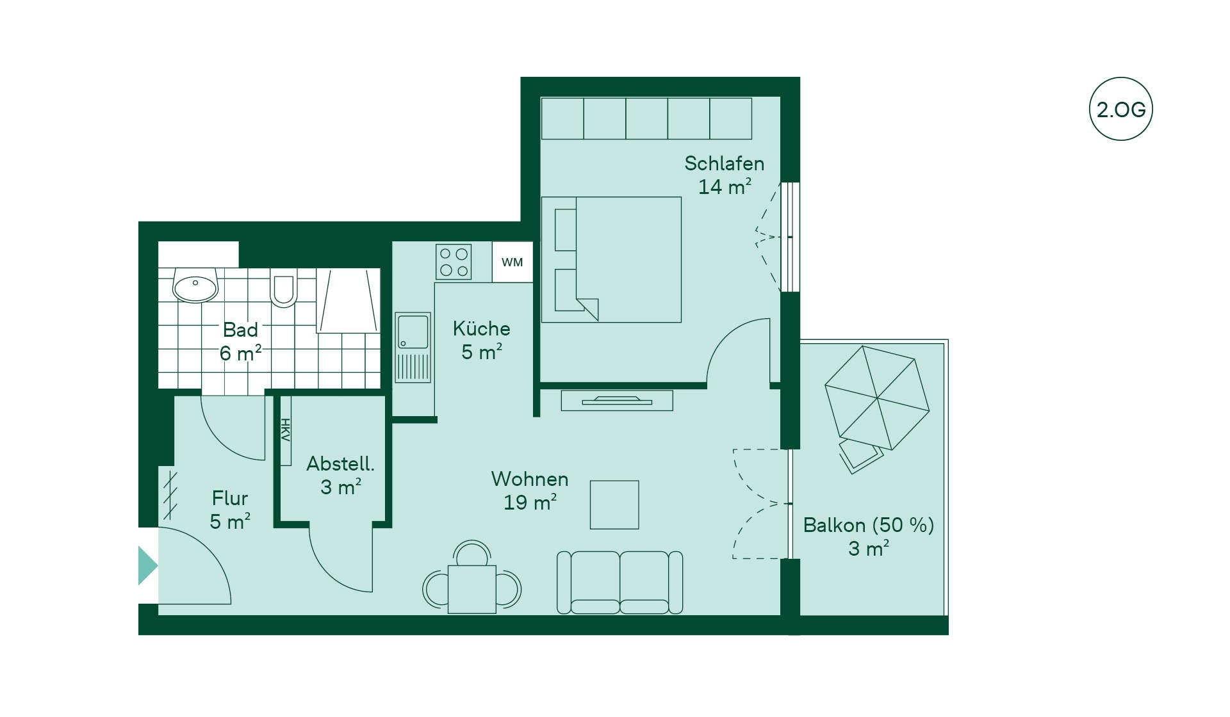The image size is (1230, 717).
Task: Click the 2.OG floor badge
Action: click(1120, 109)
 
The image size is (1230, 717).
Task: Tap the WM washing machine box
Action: click(512, 262)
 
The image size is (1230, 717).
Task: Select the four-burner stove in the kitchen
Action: click(454, 262)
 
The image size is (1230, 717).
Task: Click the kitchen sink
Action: click(413, 348)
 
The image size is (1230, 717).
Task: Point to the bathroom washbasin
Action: click(195, 286)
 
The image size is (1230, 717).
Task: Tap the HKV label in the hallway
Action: click(285, 430)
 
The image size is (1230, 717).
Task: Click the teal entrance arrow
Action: click(148, 566)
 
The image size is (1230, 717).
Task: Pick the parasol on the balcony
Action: click(876, 398)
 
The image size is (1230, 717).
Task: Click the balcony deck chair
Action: click(860, 455)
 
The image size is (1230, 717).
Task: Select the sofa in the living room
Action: click(619, 583)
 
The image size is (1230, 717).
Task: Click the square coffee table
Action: click(614, 504)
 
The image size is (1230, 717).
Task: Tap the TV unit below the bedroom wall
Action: click(617, 400)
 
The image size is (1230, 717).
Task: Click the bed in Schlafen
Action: click(611, 259)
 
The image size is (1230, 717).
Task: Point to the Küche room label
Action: click(482, 328)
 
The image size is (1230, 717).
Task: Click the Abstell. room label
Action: click(340, 463)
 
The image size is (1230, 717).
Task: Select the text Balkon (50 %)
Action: click(869, 525)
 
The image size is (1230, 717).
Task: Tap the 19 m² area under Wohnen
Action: click(530, 503)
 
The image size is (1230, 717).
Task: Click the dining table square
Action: click(472, 589)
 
